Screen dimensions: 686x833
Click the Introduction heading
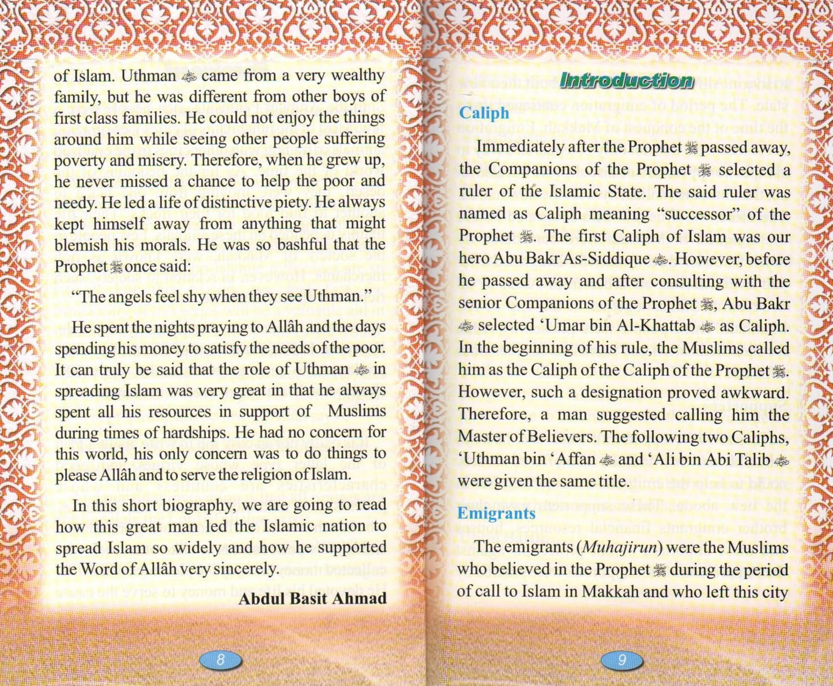(x=626, y=80)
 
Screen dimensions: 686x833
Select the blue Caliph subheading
(x=484, y=113)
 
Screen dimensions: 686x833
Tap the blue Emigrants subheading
(x=496, y=513)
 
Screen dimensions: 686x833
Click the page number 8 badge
(x=220, y=659)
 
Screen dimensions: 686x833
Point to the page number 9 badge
(x=621, y=659)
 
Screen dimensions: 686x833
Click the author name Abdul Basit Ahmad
(x=312, y=598)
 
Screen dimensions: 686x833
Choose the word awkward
(x=755, y=393)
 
